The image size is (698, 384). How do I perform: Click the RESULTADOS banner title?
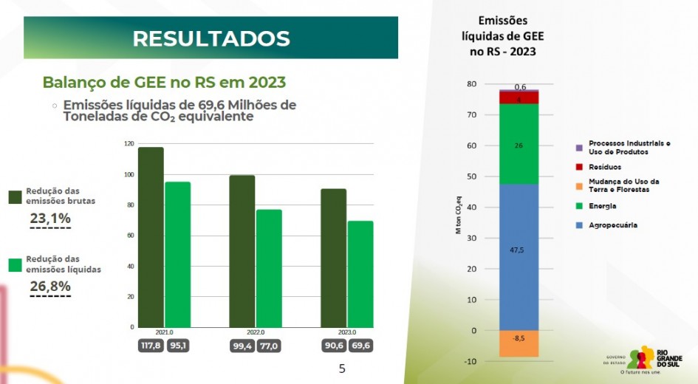click(211, 38)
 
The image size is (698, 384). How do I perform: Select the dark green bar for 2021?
click(151, 236)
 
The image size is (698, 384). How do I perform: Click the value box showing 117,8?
click(151, 345)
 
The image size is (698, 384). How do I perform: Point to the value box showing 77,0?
click(269, 345)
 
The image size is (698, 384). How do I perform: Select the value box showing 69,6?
click(361, 345)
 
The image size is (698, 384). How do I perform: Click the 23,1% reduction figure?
click(50, 218)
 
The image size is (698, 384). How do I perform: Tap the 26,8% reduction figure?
click(50, 286)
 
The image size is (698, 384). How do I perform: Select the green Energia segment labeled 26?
click(519, 143)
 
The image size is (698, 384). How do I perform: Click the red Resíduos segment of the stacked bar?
click(519, 97)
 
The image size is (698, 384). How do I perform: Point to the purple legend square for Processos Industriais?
click(579, 148)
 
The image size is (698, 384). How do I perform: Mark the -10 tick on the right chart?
click(471, 361)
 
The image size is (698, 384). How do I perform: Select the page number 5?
click(341, 368)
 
